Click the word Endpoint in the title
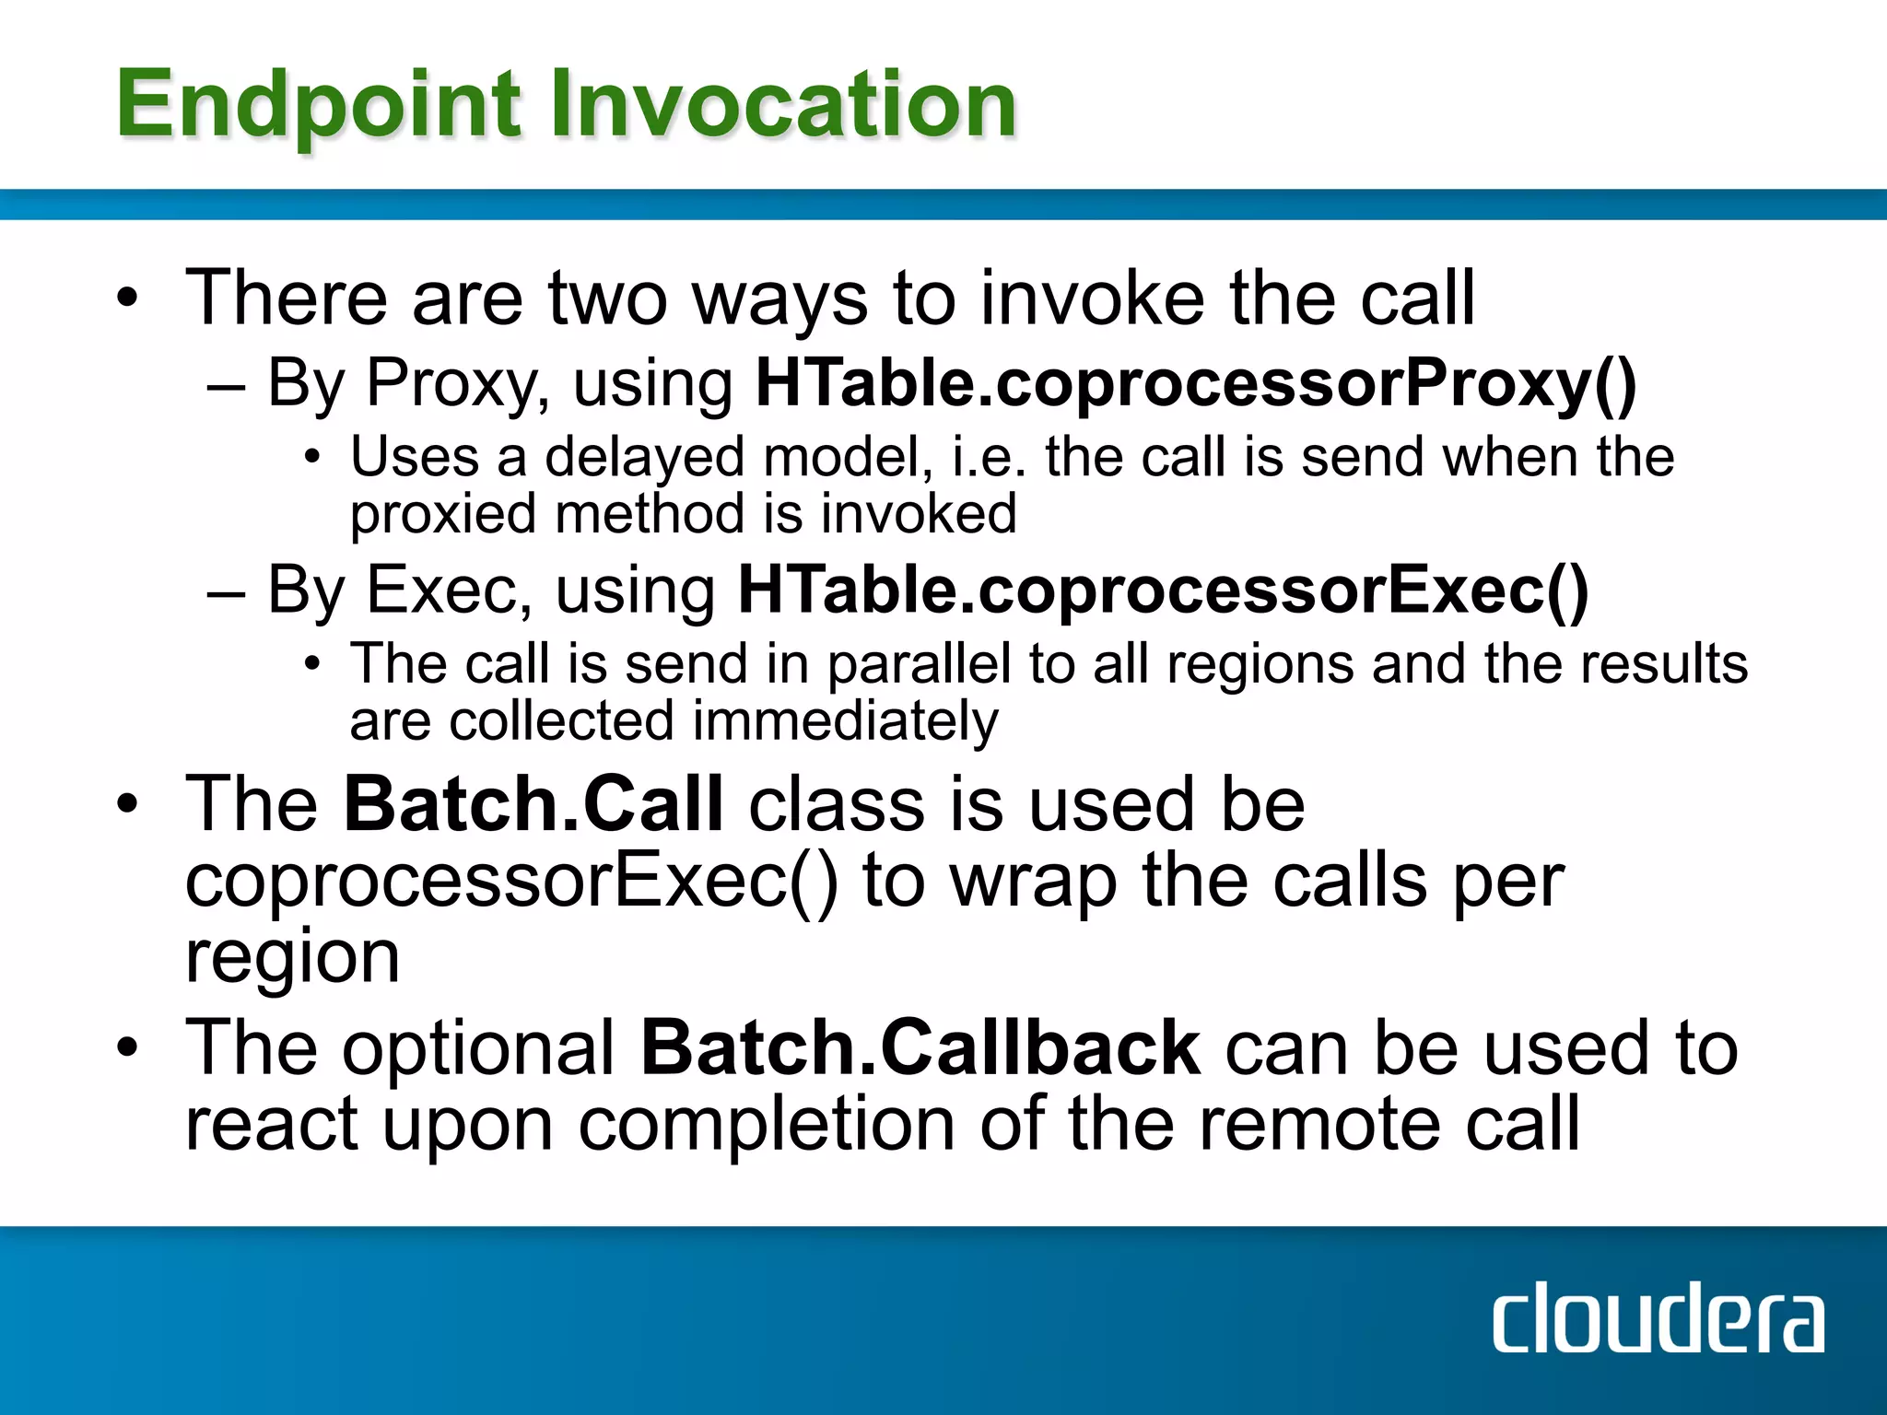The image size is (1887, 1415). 318,106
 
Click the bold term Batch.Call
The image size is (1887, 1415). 533,803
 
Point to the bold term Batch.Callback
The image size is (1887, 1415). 920,1047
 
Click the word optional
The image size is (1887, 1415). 479,1047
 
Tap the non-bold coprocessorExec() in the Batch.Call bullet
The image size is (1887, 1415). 511,881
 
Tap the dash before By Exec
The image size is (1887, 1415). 226,591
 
